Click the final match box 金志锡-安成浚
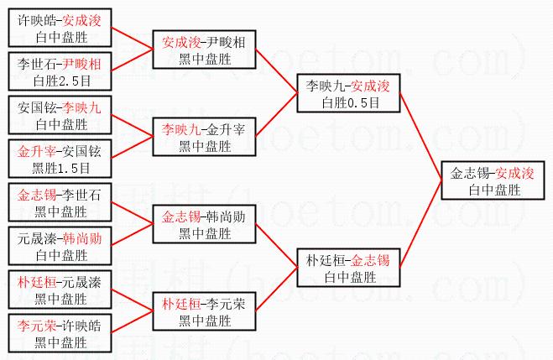tap(493, 182)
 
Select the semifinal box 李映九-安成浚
tap(347, 94)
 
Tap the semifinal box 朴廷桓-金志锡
tap(347, 268)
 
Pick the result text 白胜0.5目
tap(347, 102)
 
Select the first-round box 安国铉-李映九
tap(59, 116)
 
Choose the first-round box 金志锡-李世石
tap(59, 204)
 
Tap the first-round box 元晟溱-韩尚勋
tap(59, 246)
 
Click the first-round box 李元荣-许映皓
tap(59, 334)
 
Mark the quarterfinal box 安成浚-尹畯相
tap(203, 50)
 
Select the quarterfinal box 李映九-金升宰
tap(203, 138)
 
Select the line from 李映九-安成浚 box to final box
tap(420, 134)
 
